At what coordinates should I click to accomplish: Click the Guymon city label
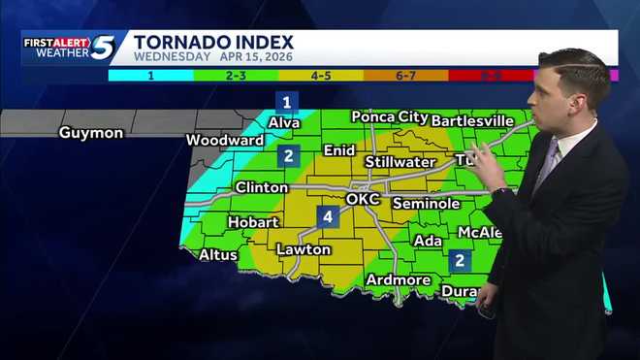coord(90,132)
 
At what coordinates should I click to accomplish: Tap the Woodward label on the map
coord(225,140)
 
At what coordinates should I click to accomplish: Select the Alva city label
coord(285,122)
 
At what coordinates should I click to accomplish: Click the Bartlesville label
coord(472,120)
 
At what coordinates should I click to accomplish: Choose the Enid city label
coord(338,150)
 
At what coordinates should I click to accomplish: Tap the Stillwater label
coord(400,161)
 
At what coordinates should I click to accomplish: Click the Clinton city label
coord(261,187)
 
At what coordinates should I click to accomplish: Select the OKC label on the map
coord(363,199)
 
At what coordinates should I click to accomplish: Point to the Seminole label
coord(426,204)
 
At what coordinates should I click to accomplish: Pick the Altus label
coord(217,255)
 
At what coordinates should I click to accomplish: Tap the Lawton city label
coord(304,249)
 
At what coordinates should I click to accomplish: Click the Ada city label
coord(427,240)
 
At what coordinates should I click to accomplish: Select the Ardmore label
coord(398,279)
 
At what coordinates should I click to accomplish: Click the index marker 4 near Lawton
coord(328,217)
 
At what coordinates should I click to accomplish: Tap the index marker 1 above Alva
coord(286,101)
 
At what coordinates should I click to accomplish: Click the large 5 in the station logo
coord(104,47)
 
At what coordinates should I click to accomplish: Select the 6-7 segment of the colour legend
coord(406,75)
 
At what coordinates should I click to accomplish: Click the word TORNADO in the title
coord(182,42)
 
